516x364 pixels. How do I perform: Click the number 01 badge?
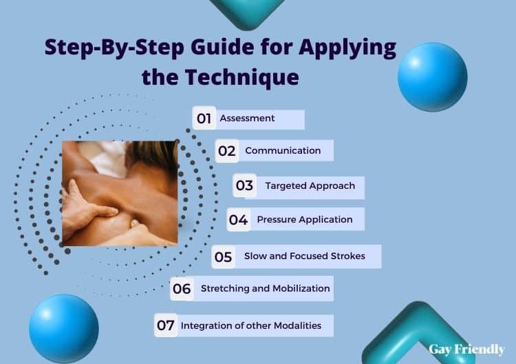204,118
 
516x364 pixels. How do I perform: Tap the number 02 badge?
227,151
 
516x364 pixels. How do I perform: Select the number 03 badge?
244,185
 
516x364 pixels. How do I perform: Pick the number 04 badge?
239,220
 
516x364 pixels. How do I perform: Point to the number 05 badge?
223,257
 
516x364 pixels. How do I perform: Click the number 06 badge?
182,289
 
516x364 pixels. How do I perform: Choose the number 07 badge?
166,325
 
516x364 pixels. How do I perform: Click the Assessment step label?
247,118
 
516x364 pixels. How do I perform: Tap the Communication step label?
283,151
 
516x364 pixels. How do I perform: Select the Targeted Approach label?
310,186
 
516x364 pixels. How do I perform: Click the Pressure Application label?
305,220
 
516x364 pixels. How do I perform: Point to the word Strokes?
348,256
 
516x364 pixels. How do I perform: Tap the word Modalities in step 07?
297,326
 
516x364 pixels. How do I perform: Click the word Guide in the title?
222,47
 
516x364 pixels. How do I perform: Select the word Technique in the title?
242,78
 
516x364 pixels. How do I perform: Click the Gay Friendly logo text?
466,350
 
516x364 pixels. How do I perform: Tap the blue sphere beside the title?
433,77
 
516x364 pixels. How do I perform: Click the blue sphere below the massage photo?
64,329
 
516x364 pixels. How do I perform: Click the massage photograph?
120,194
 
